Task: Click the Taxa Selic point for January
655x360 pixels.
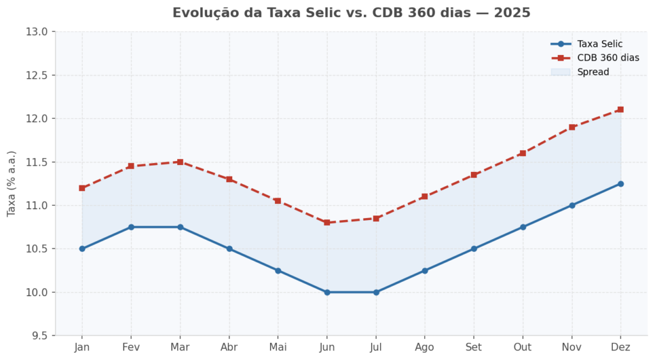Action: [82, 249]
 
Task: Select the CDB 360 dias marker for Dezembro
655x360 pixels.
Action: [620, 109]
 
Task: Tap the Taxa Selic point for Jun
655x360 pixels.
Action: [327, 292]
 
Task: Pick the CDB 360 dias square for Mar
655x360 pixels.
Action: [180, 162]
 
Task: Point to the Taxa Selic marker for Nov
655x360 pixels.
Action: [572, 205]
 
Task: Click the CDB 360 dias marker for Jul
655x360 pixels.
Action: [376, 218]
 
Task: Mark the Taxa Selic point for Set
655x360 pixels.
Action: [473, 249]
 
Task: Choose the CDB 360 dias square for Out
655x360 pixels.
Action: [523, 153]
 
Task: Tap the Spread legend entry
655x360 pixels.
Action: [593, 72]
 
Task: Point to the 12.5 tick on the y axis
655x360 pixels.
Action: [38, 75]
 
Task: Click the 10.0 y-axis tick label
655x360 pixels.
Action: [38, 292]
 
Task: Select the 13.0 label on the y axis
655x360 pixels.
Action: [38, 31]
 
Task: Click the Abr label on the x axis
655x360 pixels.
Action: [229, 347]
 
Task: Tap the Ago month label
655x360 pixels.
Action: [424, 347]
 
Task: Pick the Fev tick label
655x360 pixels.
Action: [130, 347]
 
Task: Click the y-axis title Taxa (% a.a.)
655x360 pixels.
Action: [12, 184]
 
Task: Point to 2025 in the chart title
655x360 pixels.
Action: [512, 13]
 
